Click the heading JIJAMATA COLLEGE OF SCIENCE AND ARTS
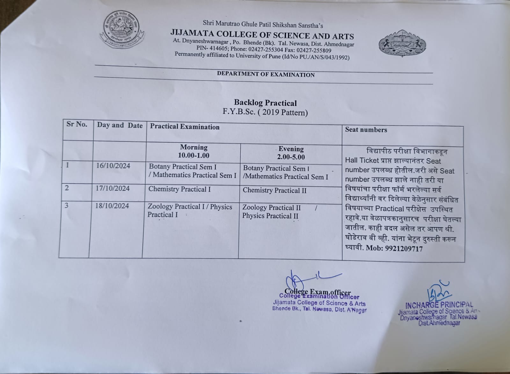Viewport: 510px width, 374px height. coord(262,34)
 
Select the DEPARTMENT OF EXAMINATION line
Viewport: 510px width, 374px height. coord(266,75)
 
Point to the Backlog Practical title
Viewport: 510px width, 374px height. coord(265,103)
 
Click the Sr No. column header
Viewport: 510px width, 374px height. coord(76,124)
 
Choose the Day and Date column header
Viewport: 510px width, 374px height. coord(120,125)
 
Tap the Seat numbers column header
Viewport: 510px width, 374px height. coord(366,130)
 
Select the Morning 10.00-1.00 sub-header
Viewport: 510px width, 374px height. coord(193,151)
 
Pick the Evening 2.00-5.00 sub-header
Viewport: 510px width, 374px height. coord(291,153)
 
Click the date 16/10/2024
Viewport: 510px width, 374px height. coord(113,166)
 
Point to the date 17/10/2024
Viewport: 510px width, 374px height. coord(113,188)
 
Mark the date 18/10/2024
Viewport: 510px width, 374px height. coord(112,206)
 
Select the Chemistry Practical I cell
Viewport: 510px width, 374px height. coord(179,189)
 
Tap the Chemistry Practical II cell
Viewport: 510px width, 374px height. coord(274,191)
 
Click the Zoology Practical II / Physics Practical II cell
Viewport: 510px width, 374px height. coord(274,212)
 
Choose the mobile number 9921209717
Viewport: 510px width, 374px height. coord(404,248)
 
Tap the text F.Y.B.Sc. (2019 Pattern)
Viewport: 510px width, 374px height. coord(265,112)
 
